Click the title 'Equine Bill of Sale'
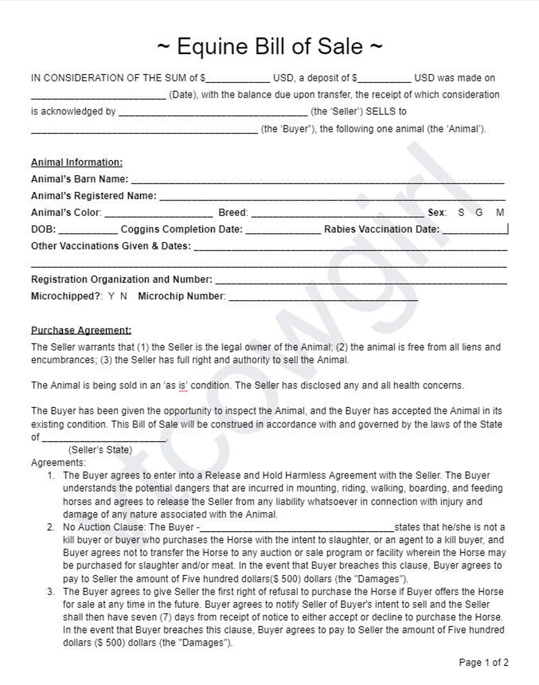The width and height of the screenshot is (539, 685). pyautogui.click(x=270, y=46)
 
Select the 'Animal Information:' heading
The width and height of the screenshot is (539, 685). pyautogui.click(x=76, y=162)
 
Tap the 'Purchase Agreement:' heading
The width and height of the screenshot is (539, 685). pyautogui.click(x=81, y=330)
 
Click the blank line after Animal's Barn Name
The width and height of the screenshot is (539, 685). pyautogui.click(x=317, y=180)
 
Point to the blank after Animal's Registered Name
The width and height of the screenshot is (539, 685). pyautogui.click(x=332, y=197)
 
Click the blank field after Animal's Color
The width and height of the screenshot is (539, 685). pyautogui.click(x=159, y=214)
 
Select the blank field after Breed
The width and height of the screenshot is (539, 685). pyautogui.click(x=337, y=214)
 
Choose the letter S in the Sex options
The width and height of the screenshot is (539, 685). pyautogui.click(x=461, y=213)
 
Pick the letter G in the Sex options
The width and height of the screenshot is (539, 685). pyautogui.click(x=479, y=213)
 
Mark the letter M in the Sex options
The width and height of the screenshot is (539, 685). pyautogui.click(x=500, y=213)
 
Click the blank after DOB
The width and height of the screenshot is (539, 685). pyautogui.click(x=88, y=231)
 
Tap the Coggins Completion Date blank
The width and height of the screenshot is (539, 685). pyautogui.click(x=283, y=231)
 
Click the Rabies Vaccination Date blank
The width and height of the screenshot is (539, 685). pyautogui.click(x=474, y=231)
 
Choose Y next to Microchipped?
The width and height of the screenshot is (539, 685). pyautogui.click(x=111, y=296)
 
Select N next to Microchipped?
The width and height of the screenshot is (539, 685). pyautogui.click(x=123, y=296)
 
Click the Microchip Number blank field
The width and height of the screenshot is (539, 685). pyautogui.click(x=323, y=298)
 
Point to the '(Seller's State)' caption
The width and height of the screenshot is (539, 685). pyautogui.click(x=100, y=450)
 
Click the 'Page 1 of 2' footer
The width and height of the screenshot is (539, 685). pyautogui.click(x=484, y=663)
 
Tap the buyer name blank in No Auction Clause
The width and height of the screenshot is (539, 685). pyautogui.click(x=297, y=528)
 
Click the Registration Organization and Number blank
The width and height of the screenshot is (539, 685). pyautogui.click(x=361, y=281)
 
